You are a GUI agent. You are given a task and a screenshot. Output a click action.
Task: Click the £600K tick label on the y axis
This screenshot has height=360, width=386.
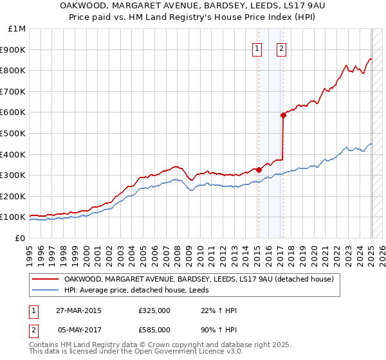coord(13,113)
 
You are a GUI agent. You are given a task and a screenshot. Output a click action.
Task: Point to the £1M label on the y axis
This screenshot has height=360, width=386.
coord(17,29)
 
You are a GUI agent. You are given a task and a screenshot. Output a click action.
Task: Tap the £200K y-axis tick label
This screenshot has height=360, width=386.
coord(13,197)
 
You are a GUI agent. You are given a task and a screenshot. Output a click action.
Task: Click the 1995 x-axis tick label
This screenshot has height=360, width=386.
coord(30,251)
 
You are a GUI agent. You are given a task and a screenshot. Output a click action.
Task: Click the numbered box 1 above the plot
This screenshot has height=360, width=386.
coord(257,47)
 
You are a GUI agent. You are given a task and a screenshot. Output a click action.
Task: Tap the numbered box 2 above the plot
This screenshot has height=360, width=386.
coord(282,47)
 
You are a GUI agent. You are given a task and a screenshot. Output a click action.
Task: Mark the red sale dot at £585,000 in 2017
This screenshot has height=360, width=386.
coord(282,116)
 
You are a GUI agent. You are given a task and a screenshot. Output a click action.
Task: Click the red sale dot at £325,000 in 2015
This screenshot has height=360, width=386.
coord(259,170)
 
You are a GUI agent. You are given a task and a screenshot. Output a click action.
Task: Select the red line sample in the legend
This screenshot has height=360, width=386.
coord(45,279)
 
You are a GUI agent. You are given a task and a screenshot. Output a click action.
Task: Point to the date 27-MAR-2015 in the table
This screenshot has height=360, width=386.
coord(79,310)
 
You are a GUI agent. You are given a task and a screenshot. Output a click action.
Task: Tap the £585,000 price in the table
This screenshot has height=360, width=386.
coord(154,330)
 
